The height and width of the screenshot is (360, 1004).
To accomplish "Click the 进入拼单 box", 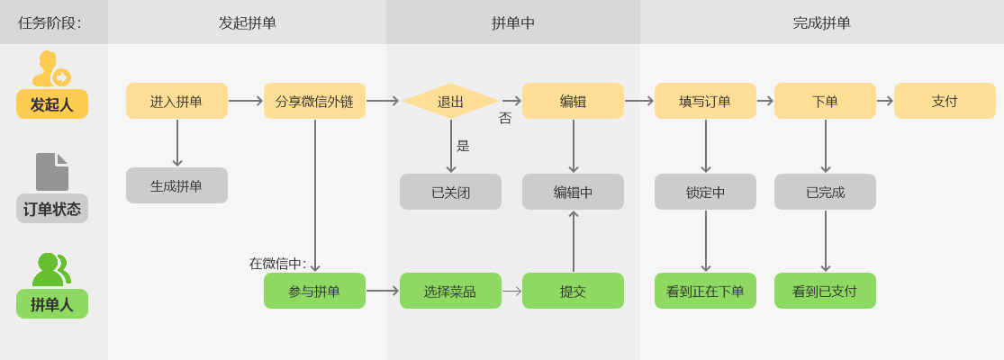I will click(176, 101).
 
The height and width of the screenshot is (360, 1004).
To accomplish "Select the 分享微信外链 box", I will click(314, 101).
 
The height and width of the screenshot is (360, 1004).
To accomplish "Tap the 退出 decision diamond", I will click(450, 101).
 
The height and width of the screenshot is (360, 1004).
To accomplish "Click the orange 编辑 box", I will click(573, 101).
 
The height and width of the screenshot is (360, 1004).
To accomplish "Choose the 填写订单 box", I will click(705, 101).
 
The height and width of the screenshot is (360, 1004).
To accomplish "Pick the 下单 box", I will click(825, 101).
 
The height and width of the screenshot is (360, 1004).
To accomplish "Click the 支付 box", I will click(945, 101).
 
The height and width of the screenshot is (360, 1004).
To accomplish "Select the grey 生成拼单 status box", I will click(176, 185).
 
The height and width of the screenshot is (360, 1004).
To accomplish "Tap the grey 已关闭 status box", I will click(450, 192).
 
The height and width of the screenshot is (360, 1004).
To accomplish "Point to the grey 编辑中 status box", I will click(573, 192).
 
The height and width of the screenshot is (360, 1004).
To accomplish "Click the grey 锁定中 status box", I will click(705, 192).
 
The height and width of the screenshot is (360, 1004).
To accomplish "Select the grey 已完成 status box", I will click(825, 192).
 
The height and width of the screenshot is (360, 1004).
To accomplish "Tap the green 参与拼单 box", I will click(314, 291).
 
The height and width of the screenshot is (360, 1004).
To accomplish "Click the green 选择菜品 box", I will click(450, 291).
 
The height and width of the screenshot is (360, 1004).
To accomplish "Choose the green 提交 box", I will click(573, 291).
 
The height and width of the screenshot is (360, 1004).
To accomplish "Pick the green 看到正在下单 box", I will click(705, 291).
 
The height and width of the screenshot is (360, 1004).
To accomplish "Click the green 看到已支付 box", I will click(825, 291).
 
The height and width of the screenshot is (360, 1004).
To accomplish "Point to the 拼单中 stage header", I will click(513, 22).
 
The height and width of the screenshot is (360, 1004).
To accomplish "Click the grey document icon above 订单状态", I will click(52, 172).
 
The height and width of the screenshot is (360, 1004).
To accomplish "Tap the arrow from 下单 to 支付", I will click(884, 101).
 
